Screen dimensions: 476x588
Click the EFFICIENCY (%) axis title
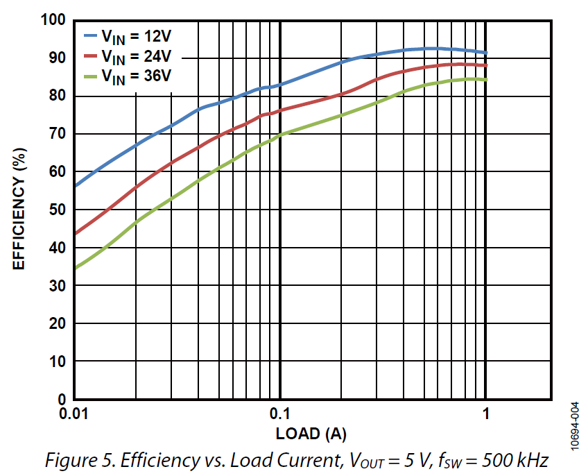(x=20, y=210)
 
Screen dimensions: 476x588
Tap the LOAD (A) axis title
(x=311, y=434)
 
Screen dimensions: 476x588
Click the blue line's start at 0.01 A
(x=73, y=186)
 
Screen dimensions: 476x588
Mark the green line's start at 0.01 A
(x=73, y=268)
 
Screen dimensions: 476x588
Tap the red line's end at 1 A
(x=486, y=65)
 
